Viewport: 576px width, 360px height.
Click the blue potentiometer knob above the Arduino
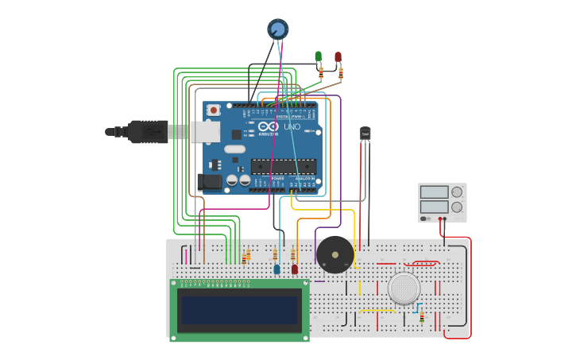click(x=277, y=29)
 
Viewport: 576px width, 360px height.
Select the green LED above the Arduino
click(x=319, y=56)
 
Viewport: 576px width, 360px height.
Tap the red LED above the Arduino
click(x=338, y=56)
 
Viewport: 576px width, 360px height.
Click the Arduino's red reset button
click(x=213, y=110)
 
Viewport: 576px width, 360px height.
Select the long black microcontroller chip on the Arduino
click(x=284, y=166)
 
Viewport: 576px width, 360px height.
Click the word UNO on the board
click(x=292, y=127)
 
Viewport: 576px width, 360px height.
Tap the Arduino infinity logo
click(x=268, y=127)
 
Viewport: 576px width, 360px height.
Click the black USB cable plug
click(x=148, y=131)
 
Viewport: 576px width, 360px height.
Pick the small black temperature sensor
click(x=365, y=134)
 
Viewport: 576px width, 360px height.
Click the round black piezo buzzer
click(x=335, y=254)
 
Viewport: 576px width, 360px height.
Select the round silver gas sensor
click(x=404, y=288)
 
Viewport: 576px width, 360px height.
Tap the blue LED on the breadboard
click(x=276, y=269)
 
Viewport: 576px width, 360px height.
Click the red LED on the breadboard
click(x=295, y=269)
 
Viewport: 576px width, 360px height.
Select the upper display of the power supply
click(x=434, y=192)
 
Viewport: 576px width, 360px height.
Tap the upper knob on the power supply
click(x=457, y=192)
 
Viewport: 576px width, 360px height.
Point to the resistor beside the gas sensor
click(x=422, y=316)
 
